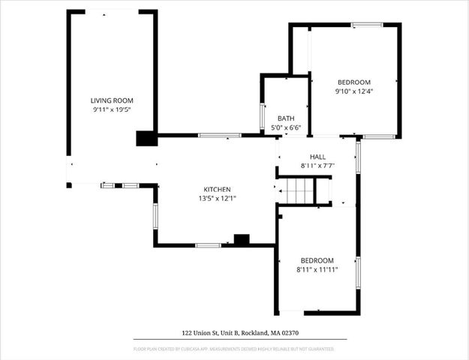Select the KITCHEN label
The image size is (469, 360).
point(217,189)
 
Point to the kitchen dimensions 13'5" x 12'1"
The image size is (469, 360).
point(217,199)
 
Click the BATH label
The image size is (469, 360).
point(285,118)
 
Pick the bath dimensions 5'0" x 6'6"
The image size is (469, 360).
point(285,128)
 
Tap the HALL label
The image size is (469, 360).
point(317,156)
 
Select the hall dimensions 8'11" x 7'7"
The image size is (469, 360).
point(317,166)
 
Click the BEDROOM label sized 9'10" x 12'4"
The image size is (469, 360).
point(353,82)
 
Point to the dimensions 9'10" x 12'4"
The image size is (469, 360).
point(353,91)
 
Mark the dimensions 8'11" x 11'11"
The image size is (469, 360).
point(317,269)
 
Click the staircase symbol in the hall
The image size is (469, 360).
point(299,191)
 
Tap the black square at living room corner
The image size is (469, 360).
point(145,138)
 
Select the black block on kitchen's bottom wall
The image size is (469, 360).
point(242,240)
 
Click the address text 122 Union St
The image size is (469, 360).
point(234,332)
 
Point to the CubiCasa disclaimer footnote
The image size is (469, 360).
point(234,349)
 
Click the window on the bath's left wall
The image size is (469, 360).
point(262,117)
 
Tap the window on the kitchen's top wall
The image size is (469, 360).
point(219,135)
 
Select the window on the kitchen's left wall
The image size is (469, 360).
point(155,215)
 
